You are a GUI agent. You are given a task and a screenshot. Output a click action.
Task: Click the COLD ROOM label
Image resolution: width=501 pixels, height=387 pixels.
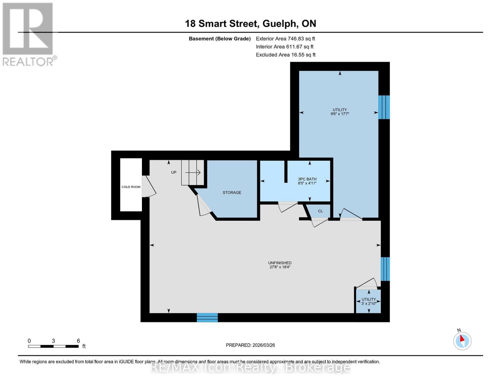coord(131,187)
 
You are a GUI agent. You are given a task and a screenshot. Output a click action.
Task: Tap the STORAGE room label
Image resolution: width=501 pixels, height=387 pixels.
coord(232,193)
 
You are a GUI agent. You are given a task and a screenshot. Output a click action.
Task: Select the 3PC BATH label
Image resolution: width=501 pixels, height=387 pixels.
coord(307,179)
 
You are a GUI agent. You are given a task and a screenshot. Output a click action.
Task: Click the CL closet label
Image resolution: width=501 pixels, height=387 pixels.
coord(320,211)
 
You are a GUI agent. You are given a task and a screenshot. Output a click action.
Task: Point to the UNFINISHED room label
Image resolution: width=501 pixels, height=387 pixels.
coord(280,263)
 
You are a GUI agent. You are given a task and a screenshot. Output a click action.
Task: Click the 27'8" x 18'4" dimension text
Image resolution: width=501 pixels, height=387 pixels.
coord(280,267)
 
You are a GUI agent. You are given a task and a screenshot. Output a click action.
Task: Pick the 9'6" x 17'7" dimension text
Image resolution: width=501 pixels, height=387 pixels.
coord(340,114)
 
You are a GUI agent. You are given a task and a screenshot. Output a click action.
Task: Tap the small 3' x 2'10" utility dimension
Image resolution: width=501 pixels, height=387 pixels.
coord(368,303)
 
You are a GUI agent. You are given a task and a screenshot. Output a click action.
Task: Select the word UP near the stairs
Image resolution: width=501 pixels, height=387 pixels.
coord(174,173)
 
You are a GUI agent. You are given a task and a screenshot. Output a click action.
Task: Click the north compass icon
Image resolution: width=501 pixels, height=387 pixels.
coord(462,341)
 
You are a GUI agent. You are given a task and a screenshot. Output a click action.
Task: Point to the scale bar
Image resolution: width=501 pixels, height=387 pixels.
coord(53,346)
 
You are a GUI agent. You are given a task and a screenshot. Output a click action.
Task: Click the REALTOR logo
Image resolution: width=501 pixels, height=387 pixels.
coord(28,34)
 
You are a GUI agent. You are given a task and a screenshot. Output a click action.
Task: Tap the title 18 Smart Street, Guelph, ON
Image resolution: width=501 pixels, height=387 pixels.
coord(250,24)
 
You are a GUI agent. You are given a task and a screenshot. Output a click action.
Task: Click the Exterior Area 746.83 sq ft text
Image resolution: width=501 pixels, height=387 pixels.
coord(285,39)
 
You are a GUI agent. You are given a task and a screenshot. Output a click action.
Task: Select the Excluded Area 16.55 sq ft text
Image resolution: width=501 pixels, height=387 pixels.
coord(286,55)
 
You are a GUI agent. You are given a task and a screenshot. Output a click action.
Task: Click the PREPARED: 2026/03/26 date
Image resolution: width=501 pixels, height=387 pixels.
coord(250,345)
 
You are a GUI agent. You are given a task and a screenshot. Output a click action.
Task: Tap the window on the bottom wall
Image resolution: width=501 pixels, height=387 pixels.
coord(207,318)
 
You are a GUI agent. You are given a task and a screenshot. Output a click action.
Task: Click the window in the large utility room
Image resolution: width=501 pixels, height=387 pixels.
coord(384,107)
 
